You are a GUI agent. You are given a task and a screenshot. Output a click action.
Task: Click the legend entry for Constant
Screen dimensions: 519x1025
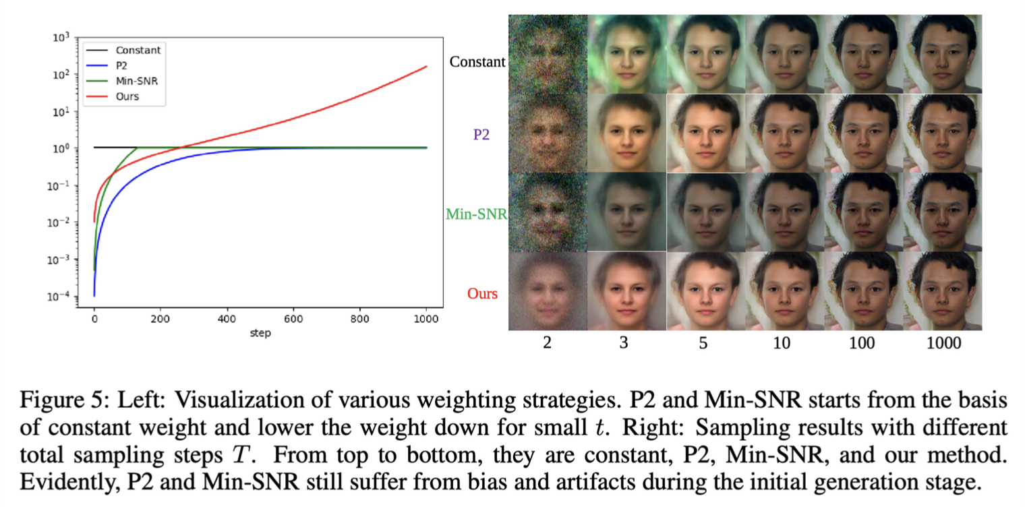point(138,50)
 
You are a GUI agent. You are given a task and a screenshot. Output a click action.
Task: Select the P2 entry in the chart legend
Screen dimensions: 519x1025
point(122,65)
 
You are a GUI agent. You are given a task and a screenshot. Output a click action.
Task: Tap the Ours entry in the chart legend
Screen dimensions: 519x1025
point(127,96)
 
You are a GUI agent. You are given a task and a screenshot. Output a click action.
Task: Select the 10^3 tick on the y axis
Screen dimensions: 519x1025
point(61,38)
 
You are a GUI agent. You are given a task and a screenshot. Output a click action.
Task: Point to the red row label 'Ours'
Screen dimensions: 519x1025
point(482,294)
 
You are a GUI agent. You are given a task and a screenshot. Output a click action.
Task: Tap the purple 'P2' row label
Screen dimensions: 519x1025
point(481,134)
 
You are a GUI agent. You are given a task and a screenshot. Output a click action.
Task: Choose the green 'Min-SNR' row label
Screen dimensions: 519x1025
point(476,214)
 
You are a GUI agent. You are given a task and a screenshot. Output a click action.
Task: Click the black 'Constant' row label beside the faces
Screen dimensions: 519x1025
point(477,62)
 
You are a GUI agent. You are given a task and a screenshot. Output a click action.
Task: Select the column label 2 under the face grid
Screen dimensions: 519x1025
point(547,343)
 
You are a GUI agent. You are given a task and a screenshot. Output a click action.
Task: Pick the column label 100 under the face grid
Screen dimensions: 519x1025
point(862,343)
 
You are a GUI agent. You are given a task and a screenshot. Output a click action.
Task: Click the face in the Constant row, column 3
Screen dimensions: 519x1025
point(626,54)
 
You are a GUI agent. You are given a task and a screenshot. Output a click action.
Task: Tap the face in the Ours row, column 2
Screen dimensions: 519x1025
point(547,291)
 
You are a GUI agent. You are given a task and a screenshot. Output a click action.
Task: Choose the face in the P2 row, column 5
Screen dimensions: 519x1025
point(705,133)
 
